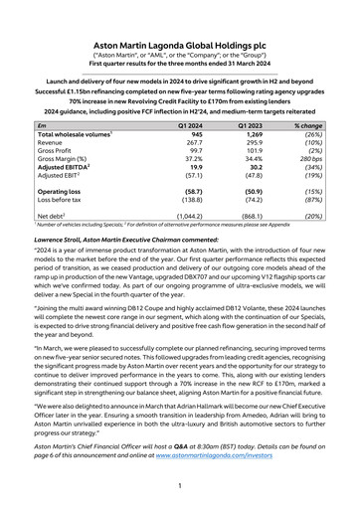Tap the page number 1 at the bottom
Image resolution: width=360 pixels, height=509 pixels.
180,487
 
